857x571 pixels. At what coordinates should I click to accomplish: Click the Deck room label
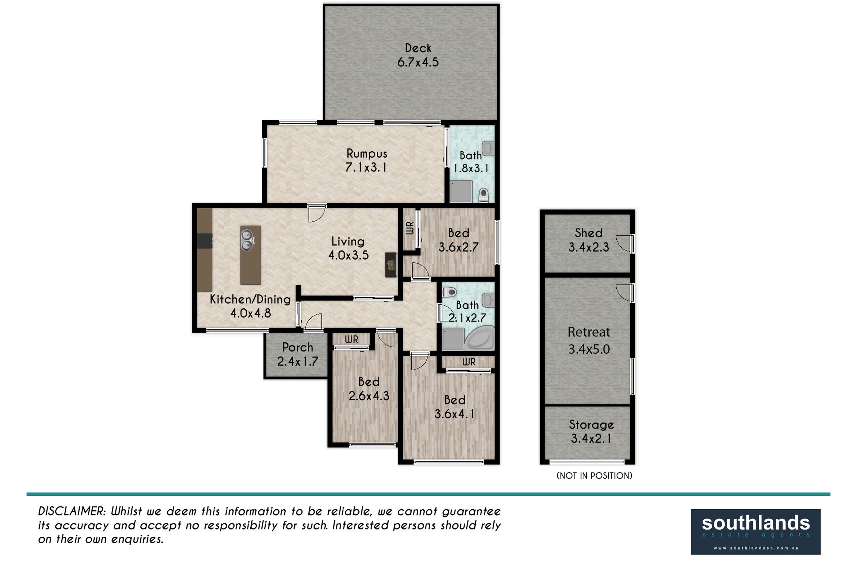(418, 48)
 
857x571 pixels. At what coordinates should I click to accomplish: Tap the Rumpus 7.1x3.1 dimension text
(366, 167)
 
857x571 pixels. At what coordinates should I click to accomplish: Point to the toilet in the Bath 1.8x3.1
(483, 195)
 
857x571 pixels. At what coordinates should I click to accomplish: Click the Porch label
(298, 347)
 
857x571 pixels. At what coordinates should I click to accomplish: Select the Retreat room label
(589, 332)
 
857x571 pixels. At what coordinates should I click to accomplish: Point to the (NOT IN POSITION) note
(594, 476)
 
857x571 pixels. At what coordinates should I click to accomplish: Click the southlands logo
(755, 531)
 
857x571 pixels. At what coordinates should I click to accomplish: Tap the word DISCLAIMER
(72, 511)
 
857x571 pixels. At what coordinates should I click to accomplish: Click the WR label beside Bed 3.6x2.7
(410, 228)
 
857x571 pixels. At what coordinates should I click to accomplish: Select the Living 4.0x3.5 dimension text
(349, 255)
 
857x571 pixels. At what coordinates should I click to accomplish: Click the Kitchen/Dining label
(250, 299)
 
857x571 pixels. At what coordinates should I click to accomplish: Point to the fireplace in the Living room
(391, 265)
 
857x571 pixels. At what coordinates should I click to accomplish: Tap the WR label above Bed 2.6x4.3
(351, 339)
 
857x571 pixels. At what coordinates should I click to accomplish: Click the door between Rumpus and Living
(315, 213)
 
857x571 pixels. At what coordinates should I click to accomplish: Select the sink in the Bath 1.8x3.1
(488, 148)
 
